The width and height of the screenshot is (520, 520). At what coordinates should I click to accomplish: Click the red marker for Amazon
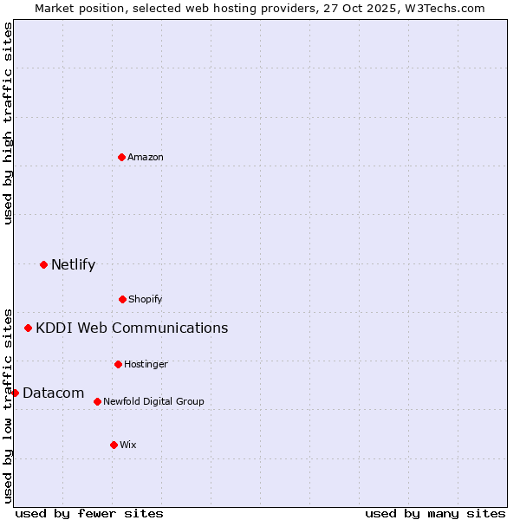[121, 157]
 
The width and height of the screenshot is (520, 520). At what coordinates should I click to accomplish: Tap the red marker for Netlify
[43, 264]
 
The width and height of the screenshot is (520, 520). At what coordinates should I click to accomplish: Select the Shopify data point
[122, 299]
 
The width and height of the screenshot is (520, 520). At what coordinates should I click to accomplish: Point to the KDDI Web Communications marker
[28, 328]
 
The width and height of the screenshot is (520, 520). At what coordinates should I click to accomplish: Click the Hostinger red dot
[118, 364]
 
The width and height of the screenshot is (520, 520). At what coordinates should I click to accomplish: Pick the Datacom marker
[15, 393]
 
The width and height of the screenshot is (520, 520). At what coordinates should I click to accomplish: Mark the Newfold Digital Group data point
[97, 401]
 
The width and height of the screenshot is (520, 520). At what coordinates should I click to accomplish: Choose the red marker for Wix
[114, 445]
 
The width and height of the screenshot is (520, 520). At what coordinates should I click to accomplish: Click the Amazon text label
[146, 157]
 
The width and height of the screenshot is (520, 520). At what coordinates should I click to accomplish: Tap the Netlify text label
[73, 264]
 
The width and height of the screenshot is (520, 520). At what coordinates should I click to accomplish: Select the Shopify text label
[146, 299]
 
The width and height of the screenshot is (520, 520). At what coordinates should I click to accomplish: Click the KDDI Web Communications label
[132, 328]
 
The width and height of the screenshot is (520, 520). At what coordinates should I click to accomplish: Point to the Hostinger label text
[146, 364]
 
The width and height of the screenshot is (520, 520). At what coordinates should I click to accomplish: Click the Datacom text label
[53, 393]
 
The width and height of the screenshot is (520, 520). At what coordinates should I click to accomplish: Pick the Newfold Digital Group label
[153, 401]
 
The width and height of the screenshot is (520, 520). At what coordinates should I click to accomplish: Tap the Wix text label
[128, 445]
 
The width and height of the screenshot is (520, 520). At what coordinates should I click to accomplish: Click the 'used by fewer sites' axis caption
[88, 513]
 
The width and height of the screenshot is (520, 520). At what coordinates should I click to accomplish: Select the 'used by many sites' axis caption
[435, 513]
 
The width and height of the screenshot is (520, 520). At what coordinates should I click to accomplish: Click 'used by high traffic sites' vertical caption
[8, 123]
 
